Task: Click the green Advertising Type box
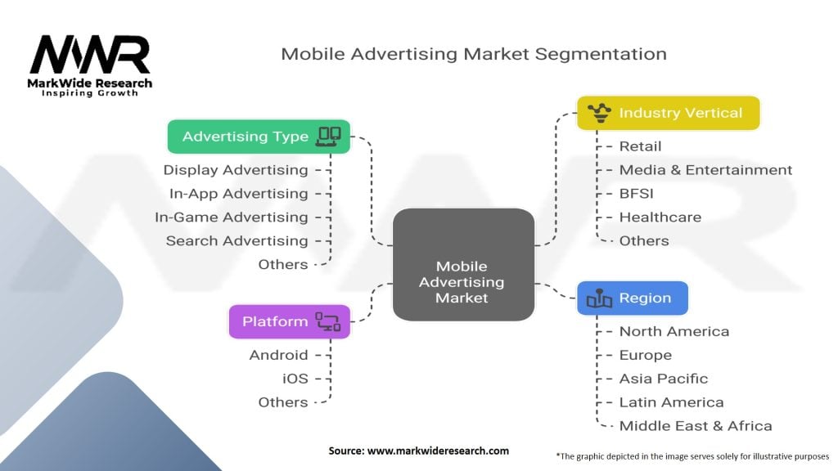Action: coord(259,137)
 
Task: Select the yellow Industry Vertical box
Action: coord(668,113)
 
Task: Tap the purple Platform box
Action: coord(290,321)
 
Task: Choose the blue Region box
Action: coord(633,298)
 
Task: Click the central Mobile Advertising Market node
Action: coord(463,265)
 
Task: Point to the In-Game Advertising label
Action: coord(232,218)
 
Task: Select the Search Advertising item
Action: coord(237,241)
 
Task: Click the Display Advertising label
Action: coord(236,170)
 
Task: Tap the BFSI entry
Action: coord(636,193)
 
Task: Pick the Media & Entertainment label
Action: coord(705,170)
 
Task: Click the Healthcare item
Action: coord(660,218)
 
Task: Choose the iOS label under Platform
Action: coord(295,379)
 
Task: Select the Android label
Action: coord(278,355)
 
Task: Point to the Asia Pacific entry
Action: coord(663,379)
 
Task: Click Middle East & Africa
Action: coord(696,426)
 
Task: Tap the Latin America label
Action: coord(671,402)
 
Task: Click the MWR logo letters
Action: coord(90,55)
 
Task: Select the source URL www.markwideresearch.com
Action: coord(438,451)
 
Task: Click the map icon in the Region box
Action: coord(599,298)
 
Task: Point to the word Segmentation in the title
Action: coord(601,55)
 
